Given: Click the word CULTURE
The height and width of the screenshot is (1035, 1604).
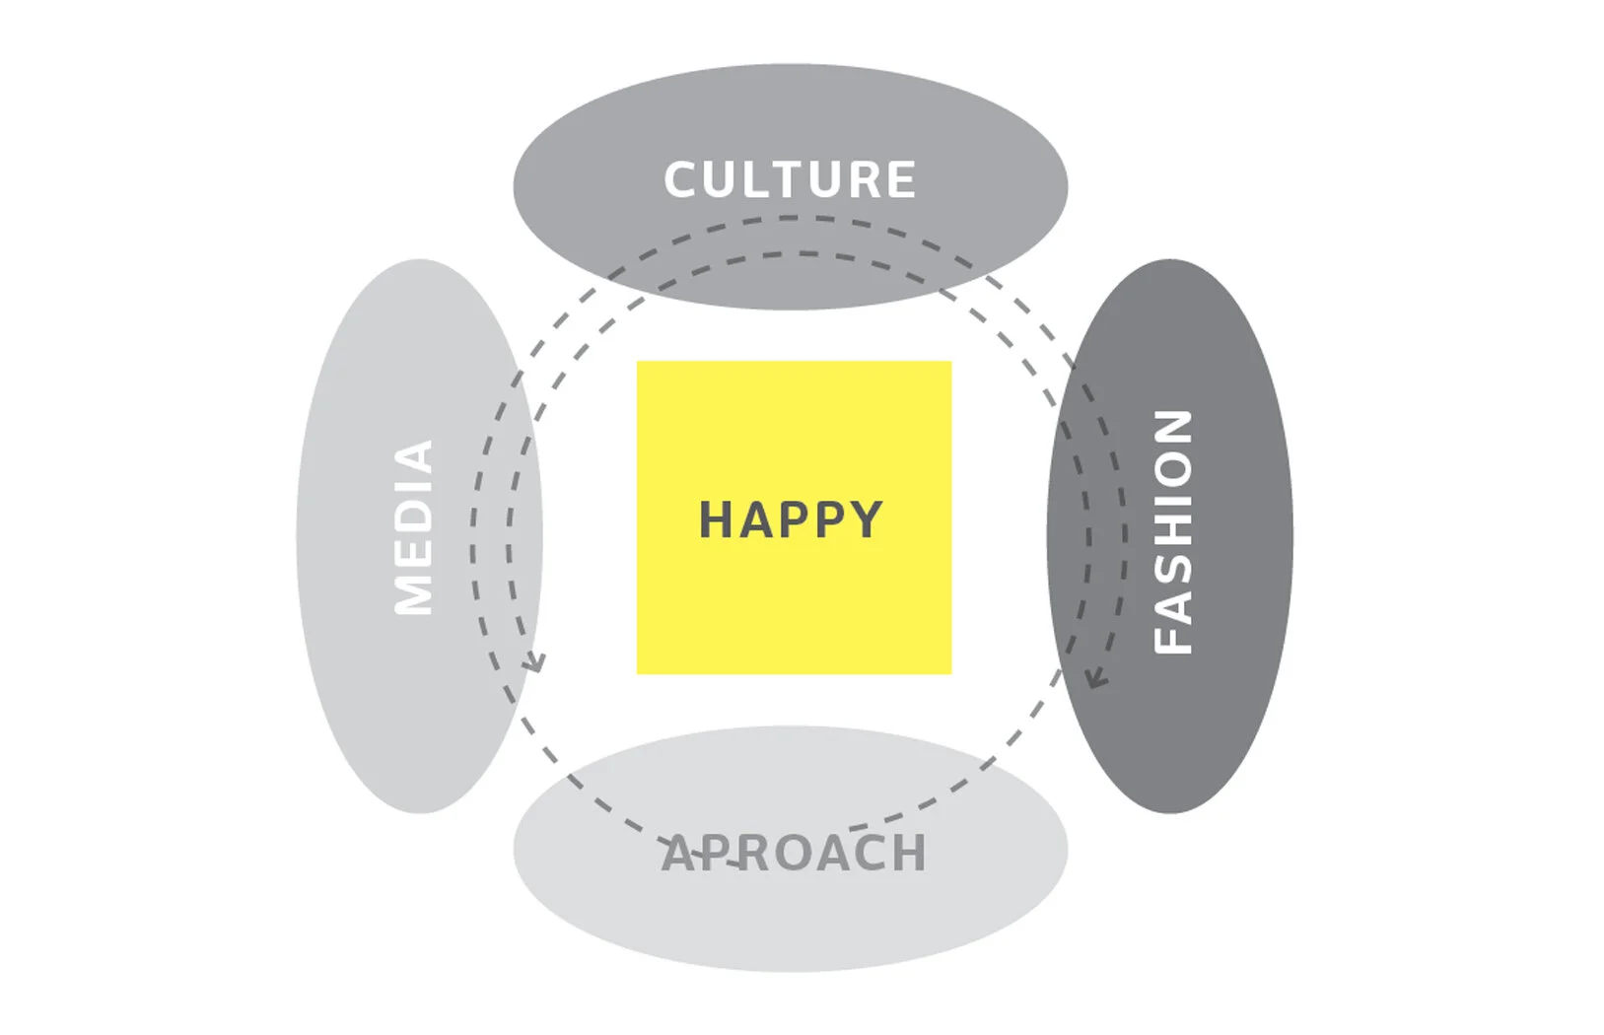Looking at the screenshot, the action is tap(790, 180).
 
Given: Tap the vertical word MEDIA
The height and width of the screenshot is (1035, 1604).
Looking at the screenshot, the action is tap(414, 527).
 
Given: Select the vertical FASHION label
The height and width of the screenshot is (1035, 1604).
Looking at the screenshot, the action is tap(1173, 531).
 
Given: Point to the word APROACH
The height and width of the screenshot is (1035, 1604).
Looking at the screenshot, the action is tap(794, 854).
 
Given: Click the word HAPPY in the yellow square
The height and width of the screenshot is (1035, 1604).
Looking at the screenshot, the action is tap(791, 519).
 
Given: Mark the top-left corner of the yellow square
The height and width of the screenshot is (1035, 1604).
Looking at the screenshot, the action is tap(638, 362).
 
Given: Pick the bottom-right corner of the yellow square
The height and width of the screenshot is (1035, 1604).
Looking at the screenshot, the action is tap(950, 673).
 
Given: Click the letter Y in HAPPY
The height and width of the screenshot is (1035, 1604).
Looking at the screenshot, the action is tap(866, 519).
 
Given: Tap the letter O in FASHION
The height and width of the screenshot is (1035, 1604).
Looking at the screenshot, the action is tap(1173, 469).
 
